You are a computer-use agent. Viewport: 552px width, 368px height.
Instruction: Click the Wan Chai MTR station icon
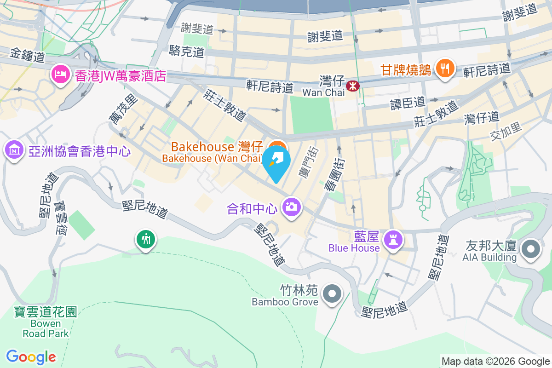click(353, 86)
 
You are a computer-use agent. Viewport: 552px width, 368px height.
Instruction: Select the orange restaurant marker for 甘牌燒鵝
click(444, 69)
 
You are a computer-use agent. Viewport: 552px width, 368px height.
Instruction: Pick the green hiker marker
click(146, 239)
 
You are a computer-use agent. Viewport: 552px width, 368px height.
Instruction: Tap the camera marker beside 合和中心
click(291, 207)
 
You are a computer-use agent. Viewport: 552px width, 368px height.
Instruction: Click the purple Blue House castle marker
click(394, 240)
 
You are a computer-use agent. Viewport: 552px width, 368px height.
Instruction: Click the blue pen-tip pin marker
click(276, 162)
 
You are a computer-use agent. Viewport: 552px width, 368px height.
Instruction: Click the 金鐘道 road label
click(27, 56)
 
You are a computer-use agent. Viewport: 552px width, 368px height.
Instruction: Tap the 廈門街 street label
click(309, 162)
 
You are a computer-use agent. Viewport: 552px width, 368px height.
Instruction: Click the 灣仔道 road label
click(481, 117)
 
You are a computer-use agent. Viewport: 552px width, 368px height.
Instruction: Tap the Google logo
click(31, 357)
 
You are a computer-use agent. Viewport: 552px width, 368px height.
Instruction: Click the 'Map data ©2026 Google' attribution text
click(495, 361)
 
